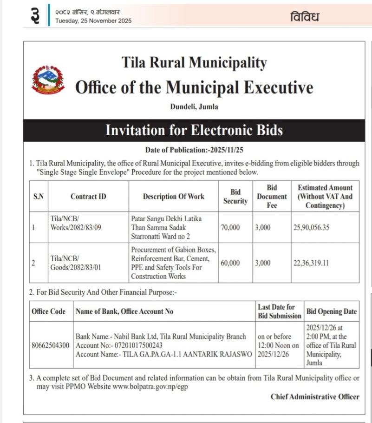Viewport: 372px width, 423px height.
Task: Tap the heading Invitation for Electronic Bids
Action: tap(194, 130)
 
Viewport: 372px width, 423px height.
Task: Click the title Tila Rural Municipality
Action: tap(194, 63)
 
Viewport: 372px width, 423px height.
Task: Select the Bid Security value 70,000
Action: tap(230, 228)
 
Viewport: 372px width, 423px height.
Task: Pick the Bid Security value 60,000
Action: tap(230, 263)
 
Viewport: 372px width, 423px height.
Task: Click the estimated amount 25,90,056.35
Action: tap(311, 228)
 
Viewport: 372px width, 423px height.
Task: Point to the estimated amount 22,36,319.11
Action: tap(311, 263)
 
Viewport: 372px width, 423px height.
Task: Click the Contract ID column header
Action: tap(88, 196)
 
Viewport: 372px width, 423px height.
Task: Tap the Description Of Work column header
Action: tap(173, 196)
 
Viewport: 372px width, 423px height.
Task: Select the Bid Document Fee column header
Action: tap(272, 196)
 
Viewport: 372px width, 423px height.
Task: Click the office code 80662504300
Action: tap(51, 345)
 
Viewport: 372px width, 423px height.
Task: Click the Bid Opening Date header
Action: tap(332, 311)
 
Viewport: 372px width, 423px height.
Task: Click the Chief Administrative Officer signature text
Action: tap(315, 397)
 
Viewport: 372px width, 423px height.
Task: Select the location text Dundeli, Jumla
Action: tap(194, 107)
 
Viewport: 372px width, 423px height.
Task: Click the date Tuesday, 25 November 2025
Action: tap(93, 20)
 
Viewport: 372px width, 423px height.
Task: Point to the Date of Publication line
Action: tap(194, 150)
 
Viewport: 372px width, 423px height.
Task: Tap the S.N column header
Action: tap(39, 196)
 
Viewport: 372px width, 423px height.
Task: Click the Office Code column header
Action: tap(49, 311)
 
